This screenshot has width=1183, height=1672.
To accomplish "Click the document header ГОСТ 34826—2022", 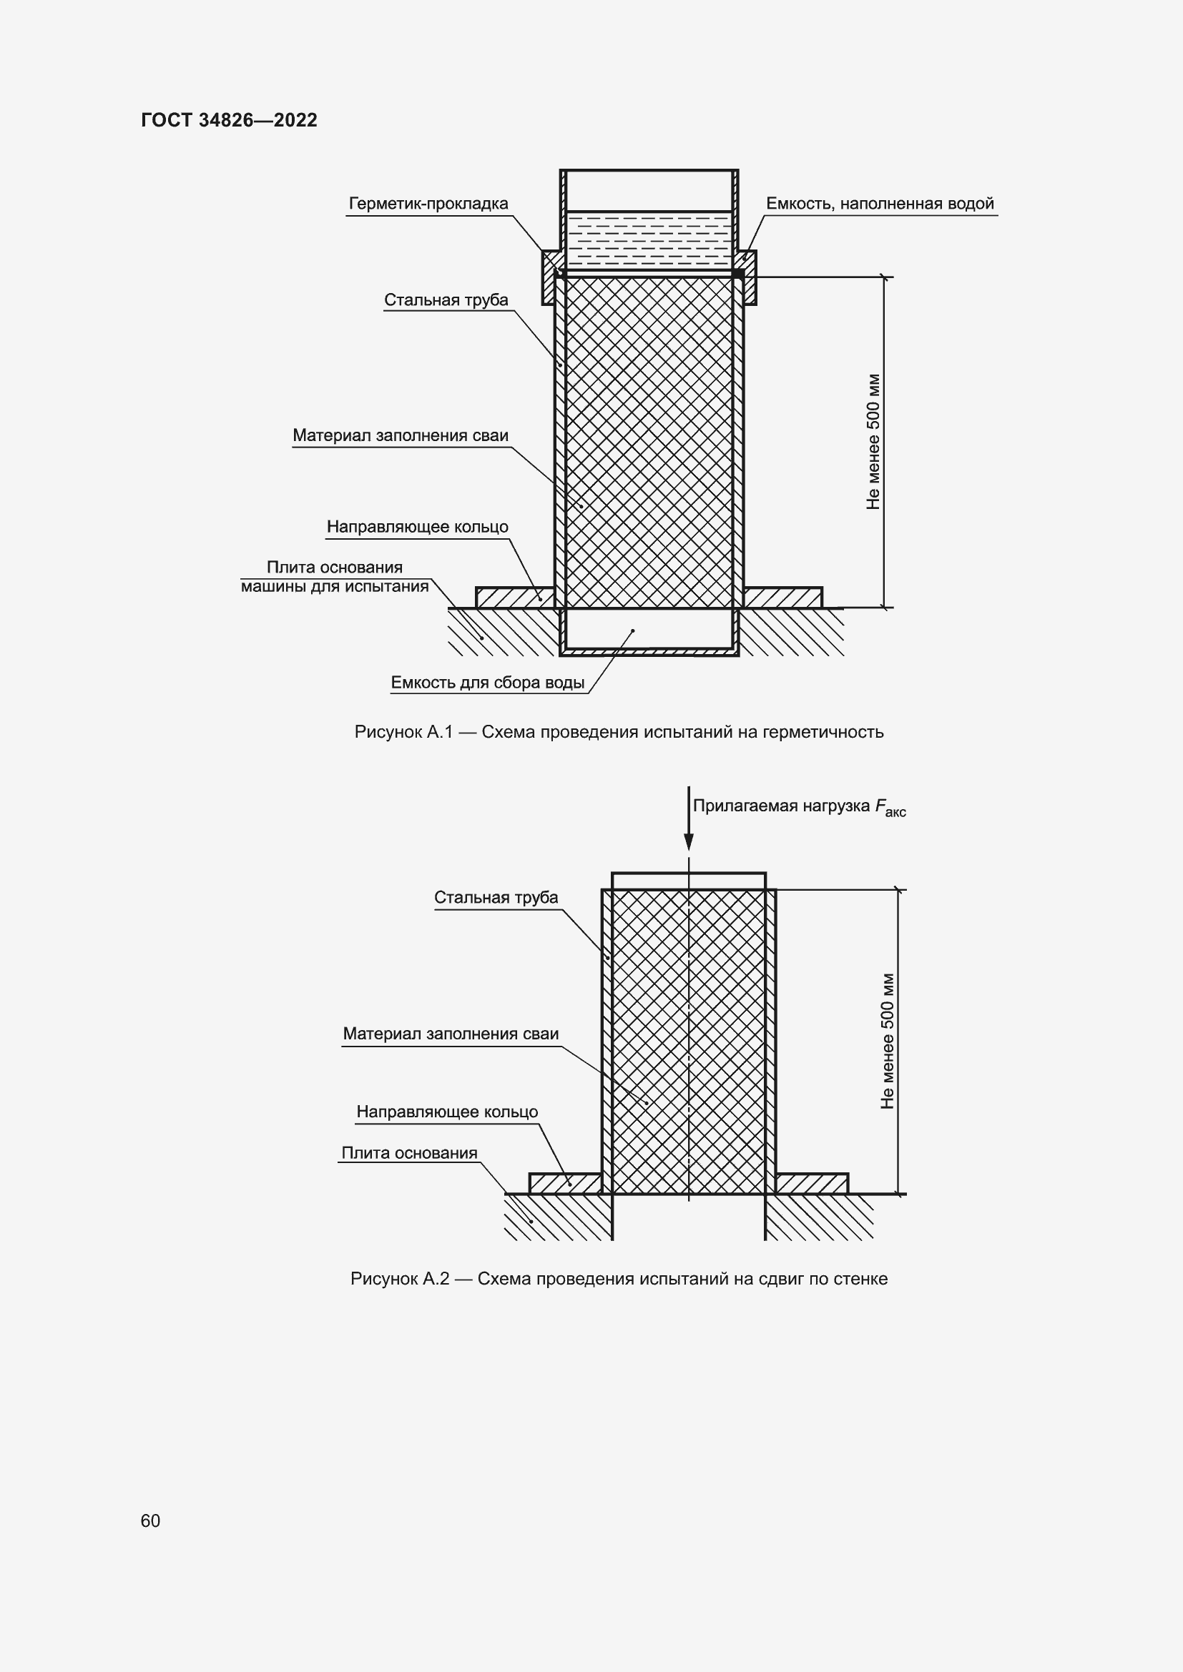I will coord(230,120).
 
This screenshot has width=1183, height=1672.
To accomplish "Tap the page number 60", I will coord(150,1520).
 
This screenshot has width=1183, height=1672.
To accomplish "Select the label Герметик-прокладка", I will coord(428,204).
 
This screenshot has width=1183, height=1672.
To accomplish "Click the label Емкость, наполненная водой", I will coord(880,204).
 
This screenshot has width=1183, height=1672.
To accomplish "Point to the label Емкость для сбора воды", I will coord(487,683).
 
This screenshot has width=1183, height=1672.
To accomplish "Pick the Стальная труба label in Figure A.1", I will coord(446,300).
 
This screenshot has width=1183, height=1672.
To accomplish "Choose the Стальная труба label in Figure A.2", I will coord(496,897).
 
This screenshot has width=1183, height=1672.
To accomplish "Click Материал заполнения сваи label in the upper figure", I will coord(400,435).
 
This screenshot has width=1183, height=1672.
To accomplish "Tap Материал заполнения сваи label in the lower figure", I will coord(450,1034).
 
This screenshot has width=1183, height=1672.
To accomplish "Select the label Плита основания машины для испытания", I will coord(335,577).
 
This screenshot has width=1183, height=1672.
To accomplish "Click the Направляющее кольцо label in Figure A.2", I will coord(447,1112).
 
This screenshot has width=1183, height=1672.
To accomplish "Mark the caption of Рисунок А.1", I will coord(619,732).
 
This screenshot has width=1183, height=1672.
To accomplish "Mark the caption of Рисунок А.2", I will coord(619,1279).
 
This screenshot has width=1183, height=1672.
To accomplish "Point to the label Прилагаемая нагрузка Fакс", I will coord(798,806).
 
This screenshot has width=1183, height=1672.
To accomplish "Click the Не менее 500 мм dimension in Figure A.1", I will coord(873,441).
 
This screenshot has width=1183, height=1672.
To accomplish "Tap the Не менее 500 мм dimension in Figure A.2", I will coord(886,1041).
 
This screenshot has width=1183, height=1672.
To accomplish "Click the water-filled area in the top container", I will coord(649,240).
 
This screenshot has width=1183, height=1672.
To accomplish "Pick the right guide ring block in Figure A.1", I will coord(783,597).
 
